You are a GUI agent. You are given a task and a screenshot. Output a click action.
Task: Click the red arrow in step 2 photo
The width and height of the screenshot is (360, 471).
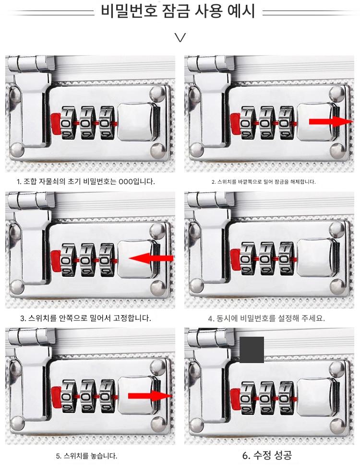pos(331,121)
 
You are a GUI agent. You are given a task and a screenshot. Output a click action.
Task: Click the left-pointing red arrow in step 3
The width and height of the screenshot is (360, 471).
pos(151,258)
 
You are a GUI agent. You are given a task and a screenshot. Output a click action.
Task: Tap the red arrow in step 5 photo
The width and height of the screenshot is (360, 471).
pos(150,396)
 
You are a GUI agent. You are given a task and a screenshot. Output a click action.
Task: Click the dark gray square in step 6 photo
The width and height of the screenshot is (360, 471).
pos(252,350)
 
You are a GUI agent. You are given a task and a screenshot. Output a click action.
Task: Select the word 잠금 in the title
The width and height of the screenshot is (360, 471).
pos(176,11)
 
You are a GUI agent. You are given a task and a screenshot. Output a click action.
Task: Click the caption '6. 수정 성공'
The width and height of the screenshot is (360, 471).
pos(267,455)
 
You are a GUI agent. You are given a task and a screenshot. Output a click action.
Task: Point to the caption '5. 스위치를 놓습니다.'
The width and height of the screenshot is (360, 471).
pos(86,456)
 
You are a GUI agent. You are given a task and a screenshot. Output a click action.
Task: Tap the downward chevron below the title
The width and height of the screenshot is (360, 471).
pos(180,37)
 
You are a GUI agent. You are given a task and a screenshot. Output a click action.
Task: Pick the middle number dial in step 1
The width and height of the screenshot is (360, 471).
pos(87,123)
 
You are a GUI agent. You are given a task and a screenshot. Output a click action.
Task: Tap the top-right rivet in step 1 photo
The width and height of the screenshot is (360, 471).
pos(157,94)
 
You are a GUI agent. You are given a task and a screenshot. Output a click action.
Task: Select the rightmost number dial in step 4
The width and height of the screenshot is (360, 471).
pos(287,259)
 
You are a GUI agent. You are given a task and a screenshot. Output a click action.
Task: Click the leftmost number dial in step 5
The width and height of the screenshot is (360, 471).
pos(69,396)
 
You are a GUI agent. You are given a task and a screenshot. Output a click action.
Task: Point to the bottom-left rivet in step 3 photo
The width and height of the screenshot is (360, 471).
pos(17,286)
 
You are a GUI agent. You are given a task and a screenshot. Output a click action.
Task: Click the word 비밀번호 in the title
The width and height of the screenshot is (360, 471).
pos(129,11)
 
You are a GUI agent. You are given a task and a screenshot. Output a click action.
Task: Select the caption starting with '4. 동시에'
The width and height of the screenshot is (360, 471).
pos(266,318)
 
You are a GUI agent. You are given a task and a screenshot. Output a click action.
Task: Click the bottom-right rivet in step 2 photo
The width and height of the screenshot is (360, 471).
pos(337,150)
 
